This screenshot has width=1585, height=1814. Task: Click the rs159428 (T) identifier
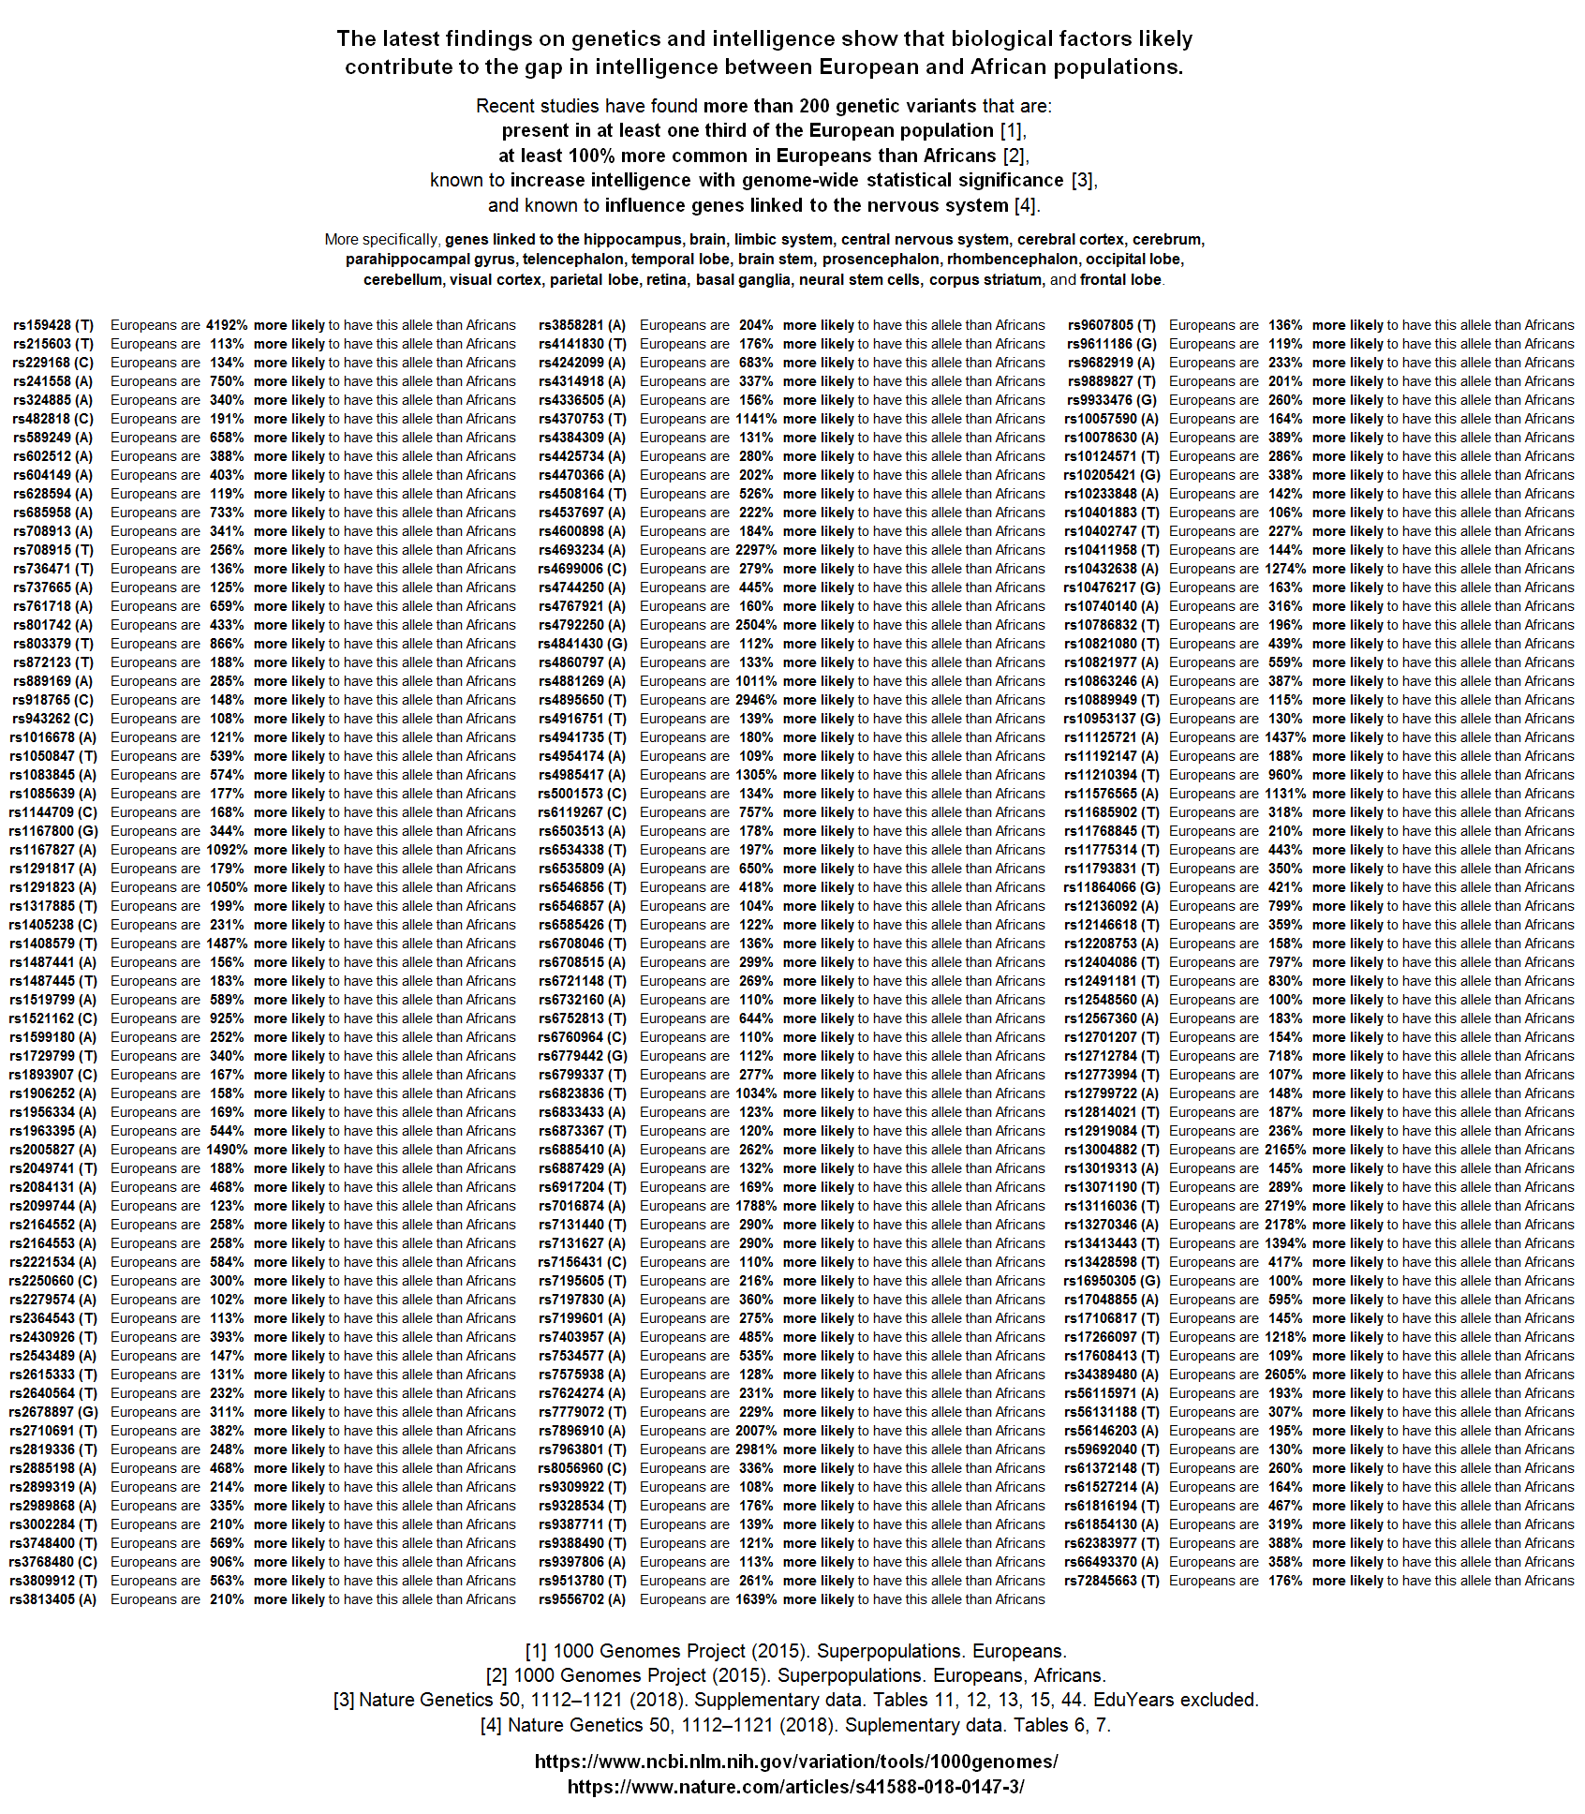pyautogui.click(x=53, y=325)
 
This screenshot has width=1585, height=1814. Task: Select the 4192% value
pyautogui.click(x=227, y=325)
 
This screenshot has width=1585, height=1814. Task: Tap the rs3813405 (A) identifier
pyautogui.click(x=53, y=1599)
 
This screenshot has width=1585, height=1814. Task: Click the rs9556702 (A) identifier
pyautogui.click(x=582, y=1599)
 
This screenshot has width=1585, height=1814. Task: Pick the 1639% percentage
pyautogui.click(x=756, y=1599)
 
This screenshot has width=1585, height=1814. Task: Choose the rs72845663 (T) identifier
pyautogui.click(x=1112, y=1581)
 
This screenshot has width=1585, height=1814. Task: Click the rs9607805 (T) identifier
pyautogui.click(x=1112, y=325)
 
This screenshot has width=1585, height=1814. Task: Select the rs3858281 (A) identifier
pyautogui.click(x=582, y=325)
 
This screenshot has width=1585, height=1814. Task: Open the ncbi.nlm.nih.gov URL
pyautogui.click(x=796, y=1762)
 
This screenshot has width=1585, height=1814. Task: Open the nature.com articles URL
pyautogui.click(x=796, y=1787)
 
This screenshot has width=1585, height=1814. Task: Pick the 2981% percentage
pyautogui.click(x=756, y=1450)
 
